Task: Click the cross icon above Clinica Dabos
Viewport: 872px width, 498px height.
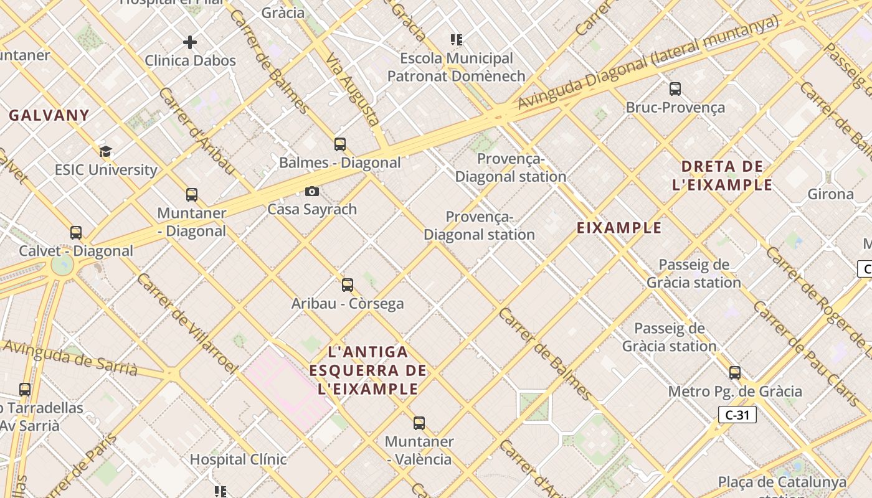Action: (x=190, y=42)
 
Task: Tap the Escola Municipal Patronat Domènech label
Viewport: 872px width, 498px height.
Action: (x=457, y=67)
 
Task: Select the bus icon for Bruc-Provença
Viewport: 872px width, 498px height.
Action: (x=675, y=89)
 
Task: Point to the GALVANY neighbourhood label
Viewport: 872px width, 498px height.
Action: (x=49, y=115)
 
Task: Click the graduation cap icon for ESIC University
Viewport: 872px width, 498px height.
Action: (x=106, y=151)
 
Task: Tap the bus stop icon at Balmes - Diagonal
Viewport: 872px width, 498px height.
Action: (x=340, y=144)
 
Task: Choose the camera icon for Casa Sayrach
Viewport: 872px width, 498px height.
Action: (x=312, y=191)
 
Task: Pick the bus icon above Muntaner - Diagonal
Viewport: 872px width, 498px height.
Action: (x=192, y=195)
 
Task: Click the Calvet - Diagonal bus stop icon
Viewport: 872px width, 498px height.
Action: (x=76, y=233)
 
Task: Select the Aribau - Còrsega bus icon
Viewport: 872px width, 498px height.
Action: (x=348, y=285)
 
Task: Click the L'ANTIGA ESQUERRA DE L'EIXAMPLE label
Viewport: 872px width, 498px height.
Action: (x=367, y=371)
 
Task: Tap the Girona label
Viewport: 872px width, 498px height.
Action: (x=830, y=194)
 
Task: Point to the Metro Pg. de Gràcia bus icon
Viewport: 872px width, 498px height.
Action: (x=735, y=373)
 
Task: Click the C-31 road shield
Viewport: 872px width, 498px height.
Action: (x=737, y=415)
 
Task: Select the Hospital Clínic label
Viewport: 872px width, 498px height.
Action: (x=238, y=459)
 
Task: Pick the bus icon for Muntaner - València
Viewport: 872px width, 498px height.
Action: (x=419, y=423)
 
